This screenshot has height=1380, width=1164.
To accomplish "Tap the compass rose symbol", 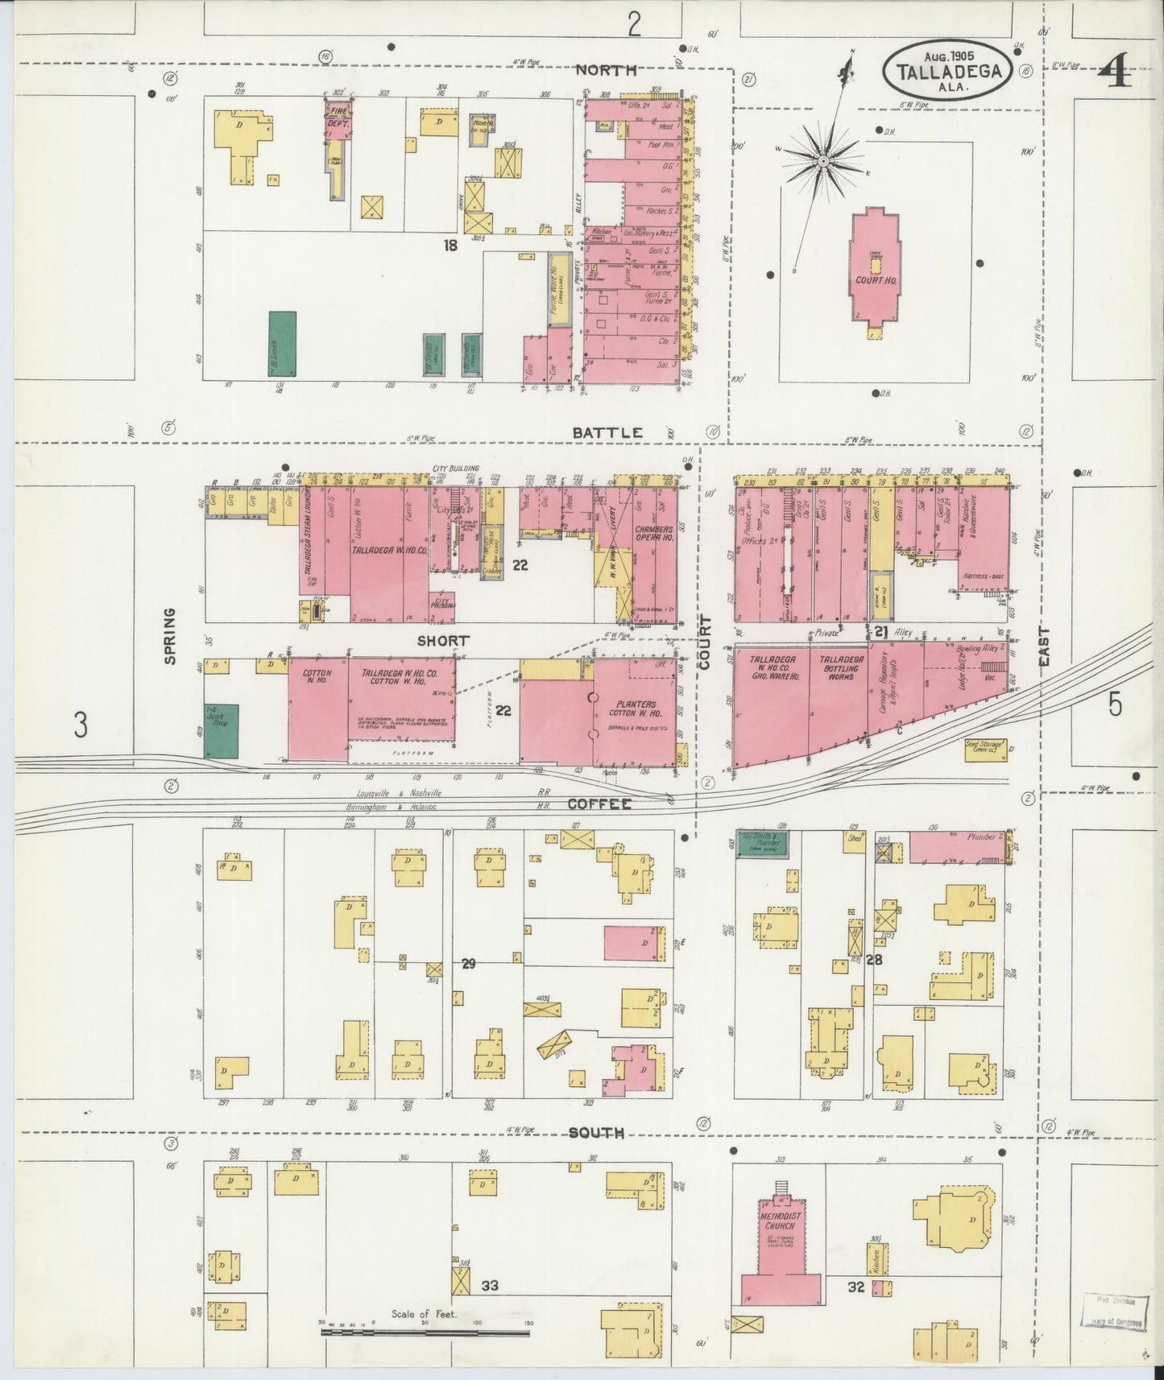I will pos(823,161).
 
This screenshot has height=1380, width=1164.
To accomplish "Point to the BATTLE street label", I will pos(607,432).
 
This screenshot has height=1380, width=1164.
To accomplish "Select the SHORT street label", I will pos(442,641).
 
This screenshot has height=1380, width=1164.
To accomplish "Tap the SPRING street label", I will pos(170,636).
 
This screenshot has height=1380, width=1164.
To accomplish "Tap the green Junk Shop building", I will pos(221,730).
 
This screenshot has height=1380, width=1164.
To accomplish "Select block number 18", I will pos(449,246).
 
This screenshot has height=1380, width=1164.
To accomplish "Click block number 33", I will pos(489,1286).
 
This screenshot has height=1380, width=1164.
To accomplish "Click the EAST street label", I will pos(1045,646).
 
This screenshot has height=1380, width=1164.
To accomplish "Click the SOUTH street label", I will pos(596,1133).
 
